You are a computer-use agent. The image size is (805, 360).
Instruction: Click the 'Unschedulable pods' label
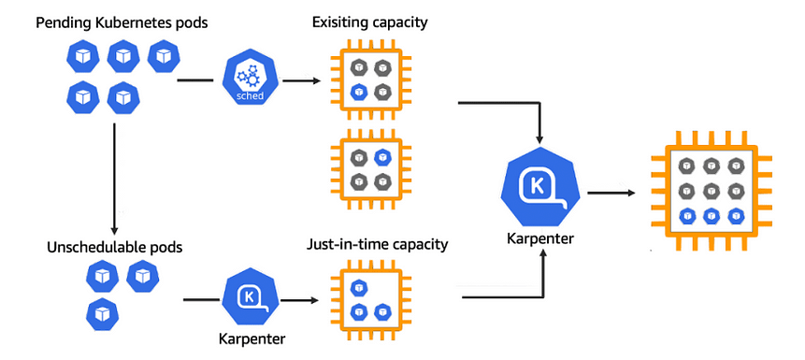tap(114, 248)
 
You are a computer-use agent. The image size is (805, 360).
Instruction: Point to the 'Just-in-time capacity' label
tap(377, 245)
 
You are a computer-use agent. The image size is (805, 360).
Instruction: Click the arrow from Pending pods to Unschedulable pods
tap(114, 178)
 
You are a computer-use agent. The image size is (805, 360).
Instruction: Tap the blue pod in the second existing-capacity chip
tap(381, 158)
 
